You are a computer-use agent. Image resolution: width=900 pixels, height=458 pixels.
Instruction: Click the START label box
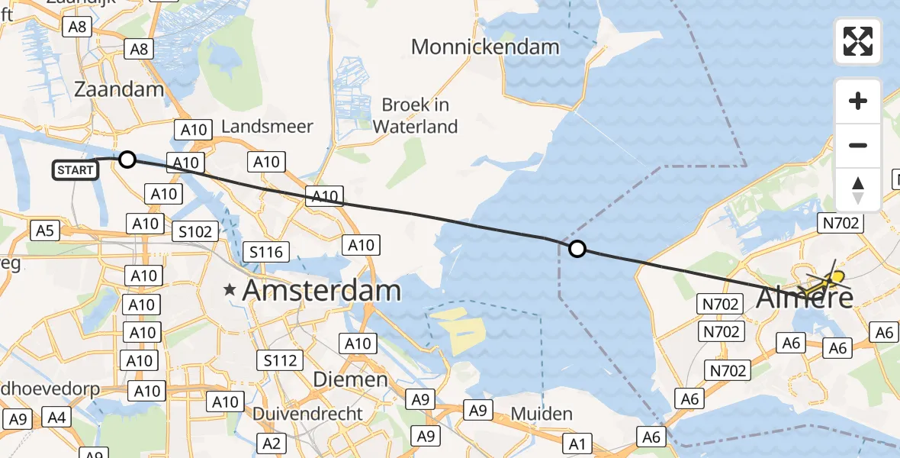[x=76, y=169]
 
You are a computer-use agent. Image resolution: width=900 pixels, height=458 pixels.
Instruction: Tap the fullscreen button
[x=858, y=41]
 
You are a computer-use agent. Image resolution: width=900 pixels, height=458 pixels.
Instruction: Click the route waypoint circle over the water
[x=577, y=248]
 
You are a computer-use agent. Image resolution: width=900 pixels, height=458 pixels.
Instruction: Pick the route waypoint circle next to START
[x=127, y=159]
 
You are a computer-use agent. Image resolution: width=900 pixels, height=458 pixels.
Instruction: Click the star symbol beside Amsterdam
[x=230, y=290]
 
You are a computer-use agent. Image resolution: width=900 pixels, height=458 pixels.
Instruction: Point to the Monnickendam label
[x=485, y=47]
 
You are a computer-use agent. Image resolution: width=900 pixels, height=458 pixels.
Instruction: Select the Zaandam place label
[x=119, y=89]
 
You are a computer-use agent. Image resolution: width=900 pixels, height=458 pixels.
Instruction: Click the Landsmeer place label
[x=267, y=126]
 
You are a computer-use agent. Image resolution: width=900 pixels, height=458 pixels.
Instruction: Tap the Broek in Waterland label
[x=416, y=115]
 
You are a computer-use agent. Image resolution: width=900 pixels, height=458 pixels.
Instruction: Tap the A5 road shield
[x=45, y=229]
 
